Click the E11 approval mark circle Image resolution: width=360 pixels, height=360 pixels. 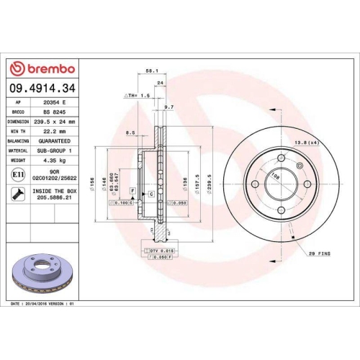[x=17, y=174]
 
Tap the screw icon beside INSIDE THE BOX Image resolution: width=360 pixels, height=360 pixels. [x=17, y=192]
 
